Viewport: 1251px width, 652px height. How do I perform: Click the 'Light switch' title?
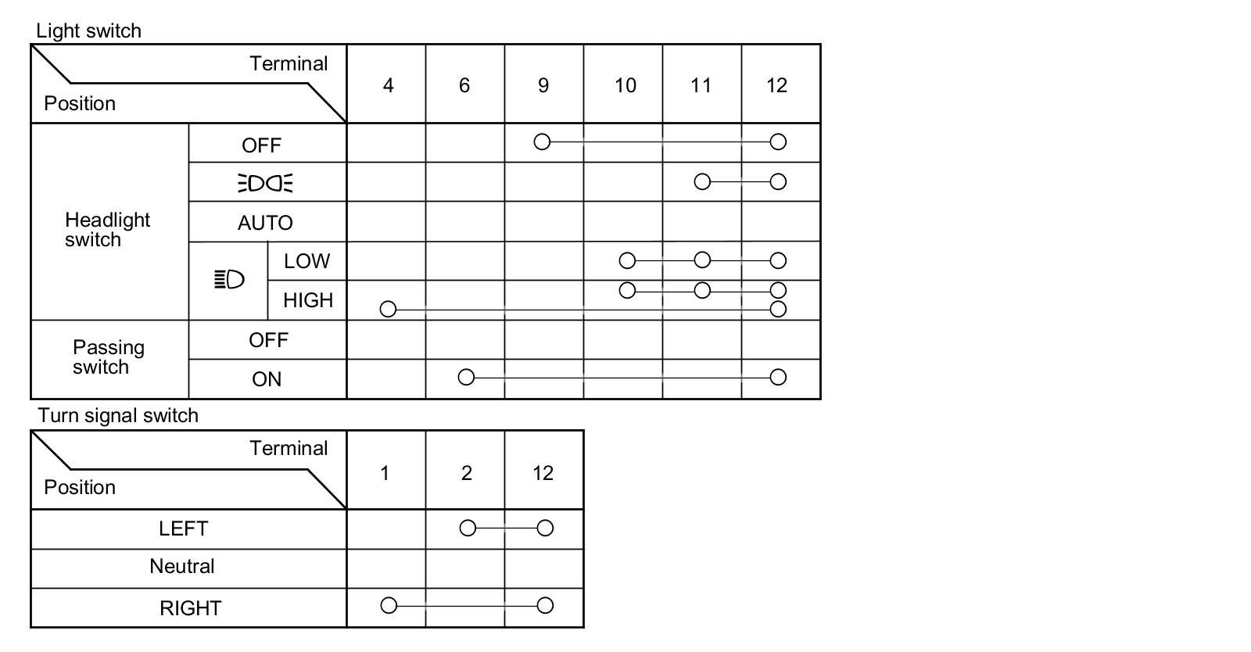click(88, 31)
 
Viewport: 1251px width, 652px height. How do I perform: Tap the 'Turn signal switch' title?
click(118, 415)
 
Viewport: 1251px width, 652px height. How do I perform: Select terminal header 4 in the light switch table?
click(388, 85)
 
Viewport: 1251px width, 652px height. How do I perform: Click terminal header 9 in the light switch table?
click(543, 85)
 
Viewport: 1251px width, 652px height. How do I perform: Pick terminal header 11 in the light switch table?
click(701, 85)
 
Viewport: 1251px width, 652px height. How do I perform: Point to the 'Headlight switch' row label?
click(107, 230)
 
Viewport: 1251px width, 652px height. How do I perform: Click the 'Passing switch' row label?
click(108, 357)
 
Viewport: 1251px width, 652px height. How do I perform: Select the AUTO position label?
click(265, 223)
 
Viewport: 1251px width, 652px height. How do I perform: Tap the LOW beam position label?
click(306, 261)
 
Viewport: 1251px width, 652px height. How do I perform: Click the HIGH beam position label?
click(307, 300)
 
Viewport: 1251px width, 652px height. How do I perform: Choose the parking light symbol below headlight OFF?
click(265, 183)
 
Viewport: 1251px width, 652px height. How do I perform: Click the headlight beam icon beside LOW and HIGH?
click(229, 279)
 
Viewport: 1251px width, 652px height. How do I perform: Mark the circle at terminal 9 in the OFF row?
click(542, 142)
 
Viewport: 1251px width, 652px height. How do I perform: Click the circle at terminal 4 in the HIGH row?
click(388, 310)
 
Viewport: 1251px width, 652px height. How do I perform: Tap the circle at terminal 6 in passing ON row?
click(466, 378)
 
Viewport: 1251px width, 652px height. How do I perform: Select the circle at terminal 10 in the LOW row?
click(627, 260)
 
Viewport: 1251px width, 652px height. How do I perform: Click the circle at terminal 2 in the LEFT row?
click(468, 528)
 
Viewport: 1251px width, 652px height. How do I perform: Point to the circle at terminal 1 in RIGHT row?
click(389, 606)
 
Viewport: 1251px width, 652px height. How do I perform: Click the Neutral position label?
click(181, 567)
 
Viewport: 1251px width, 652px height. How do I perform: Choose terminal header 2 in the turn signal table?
click(466, 473)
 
